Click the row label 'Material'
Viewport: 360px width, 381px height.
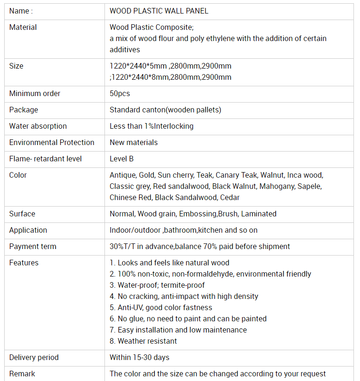[x=23, y=28]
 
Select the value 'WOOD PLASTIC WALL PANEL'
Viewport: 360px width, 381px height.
[x=159, y=11]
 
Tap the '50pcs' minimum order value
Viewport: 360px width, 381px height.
[x=119, y=94]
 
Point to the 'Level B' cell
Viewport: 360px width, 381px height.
[x=121, y=159]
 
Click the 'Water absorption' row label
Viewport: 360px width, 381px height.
[x=38, y=126]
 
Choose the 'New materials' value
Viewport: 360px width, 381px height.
[x=133, y=143]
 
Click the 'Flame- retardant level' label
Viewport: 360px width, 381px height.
[x=45, y=159]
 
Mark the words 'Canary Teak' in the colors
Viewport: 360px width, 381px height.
[x=236, y=175]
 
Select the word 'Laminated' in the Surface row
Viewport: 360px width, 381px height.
[x=258, y=214]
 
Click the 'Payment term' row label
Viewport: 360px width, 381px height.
[x=33, y=247]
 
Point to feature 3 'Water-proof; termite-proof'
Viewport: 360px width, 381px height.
[x=157, y=285]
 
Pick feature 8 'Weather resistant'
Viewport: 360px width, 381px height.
[x=143, y=341]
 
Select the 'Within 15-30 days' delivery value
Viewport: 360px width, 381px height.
[x=139, y=358]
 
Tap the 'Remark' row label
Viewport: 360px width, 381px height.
[x=22, y=374]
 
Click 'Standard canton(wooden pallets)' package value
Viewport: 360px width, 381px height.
[x=165, y=110]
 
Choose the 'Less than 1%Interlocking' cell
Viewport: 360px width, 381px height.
[x=151, y=126]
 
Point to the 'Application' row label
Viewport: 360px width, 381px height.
[x=28, y=230]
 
